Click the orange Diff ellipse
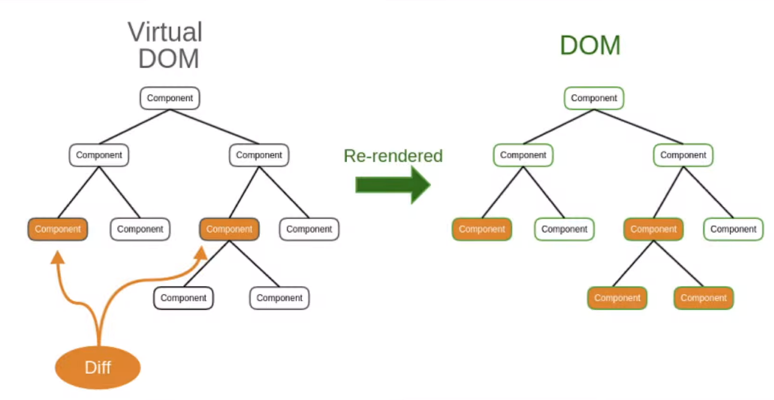pyautogui.click(x=98, y=367)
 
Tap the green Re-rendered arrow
pyautogui.click(x=393, y=185)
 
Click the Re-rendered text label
pyautogui.click(x=393, y=155)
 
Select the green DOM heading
pyautogui.click(x=590, y=45)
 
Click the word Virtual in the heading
pyautogui.click(x=165, y=32)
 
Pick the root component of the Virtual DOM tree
pyautogui.click(x=170, y=98)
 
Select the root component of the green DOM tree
pyautogui.click(x=594, y=98)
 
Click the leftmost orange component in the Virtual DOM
pyautogui.click(x=57, y=229)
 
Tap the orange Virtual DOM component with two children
pyautogui.click(x=229, y=229)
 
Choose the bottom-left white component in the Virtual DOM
pyautogui.click(x=184, y=297)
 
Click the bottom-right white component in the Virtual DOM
pyautogui.click(x=279, y=297)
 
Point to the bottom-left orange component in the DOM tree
pyautogui.click(x=617, y=297)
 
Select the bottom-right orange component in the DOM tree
pyautogui.click(x=704, y=297)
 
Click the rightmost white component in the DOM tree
pyautogui.click(x=733, y=229)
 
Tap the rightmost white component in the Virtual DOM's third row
pyautogui.click(x=309, y=229)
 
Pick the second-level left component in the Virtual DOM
pyautogui.click(x=99, y=155)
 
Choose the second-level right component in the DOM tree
pyautogui.click(x=683, y=155)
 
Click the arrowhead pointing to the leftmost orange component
pyautogui.click(x=57, y=257)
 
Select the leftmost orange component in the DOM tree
pyautogui.click(x=482, y=229)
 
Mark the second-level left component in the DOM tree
pyautogui.click(x=523, y=155)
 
